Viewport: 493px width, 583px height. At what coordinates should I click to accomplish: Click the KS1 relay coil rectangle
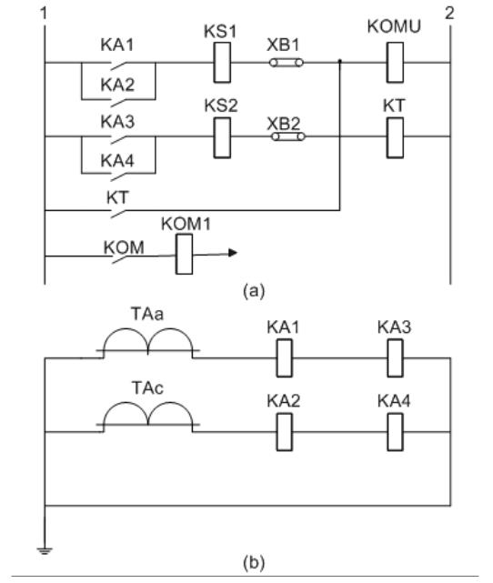point(222,63)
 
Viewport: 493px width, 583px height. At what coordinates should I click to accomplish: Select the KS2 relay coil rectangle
point(222,138)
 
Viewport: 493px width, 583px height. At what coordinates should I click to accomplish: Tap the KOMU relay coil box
point(395,63)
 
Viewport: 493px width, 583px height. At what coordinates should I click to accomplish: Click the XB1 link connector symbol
point(287,63)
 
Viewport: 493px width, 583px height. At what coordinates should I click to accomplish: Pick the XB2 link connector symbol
point(288,136)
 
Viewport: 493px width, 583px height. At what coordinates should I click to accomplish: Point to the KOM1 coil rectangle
point(184,254)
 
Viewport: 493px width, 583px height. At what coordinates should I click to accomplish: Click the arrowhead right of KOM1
point(233,253)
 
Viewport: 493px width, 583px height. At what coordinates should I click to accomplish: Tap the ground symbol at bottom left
point(45,550)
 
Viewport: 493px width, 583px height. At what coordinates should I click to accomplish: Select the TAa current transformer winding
point(148,340)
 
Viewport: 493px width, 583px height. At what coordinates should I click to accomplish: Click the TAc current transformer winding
point(148,414)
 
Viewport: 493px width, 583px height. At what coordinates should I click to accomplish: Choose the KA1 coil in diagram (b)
point(285,358)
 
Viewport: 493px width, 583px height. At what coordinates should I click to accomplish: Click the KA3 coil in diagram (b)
point(395,358)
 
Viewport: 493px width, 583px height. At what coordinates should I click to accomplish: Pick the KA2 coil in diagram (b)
point(285,432)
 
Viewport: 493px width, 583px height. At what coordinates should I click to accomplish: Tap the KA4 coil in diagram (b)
point(395,432)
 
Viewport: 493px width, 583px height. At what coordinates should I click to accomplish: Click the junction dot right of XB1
point(340,61)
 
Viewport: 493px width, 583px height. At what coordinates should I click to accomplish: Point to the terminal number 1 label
point(44,14)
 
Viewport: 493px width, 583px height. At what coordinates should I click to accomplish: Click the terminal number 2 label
point(449,14)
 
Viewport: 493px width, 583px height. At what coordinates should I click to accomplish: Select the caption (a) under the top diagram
point(254,290)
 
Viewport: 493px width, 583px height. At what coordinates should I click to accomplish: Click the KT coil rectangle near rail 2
point(395,138)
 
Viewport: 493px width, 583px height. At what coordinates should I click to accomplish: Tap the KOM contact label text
point(124,248)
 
